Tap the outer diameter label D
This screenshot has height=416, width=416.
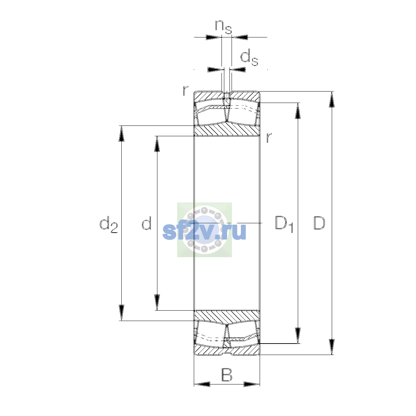[x=319, y=223]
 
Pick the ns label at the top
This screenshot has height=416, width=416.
[x=224, y=27]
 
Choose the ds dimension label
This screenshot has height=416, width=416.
[x=249, y=58]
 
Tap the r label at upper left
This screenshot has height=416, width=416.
[x=185, y=90]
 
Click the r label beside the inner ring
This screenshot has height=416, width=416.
[x=269, y=138]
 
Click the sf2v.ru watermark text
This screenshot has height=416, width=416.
[x=204, y=231]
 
